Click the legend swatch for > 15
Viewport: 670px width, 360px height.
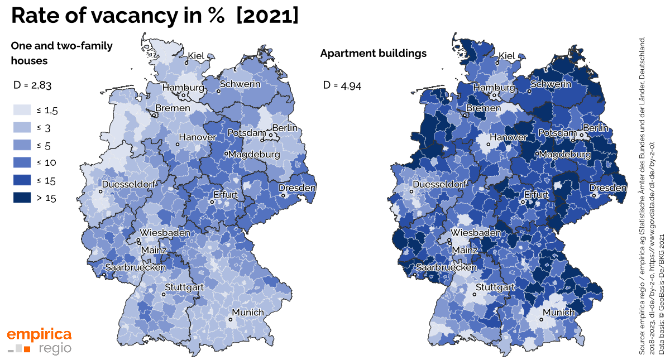pos(22,198)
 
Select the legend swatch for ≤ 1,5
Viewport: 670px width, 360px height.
pos(22,110)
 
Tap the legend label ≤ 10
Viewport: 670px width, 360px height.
pos(46,163)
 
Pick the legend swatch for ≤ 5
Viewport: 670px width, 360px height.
pos(22,145)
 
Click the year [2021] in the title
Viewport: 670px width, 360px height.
pos(267,15)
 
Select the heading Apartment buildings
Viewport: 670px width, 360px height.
pos(373,54)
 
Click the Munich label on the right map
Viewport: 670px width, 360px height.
pos(559,313)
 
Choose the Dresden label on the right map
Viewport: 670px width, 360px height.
pos(608,188)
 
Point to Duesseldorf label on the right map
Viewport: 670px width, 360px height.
pos(440,184)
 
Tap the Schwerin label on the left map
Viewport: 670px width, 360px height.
pos(240,84)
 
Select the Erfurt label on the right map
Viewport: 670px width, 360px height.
pos(537,195)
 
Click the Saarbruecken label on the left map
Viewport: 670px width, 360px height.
pos(136,267)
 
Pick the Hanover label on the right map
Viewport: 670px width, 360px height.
pos(508,137)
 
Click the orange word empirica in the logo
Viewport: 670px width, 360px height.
pos(39,334)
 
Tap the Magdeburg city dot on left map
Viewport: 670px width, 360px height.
pos(226,154)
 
